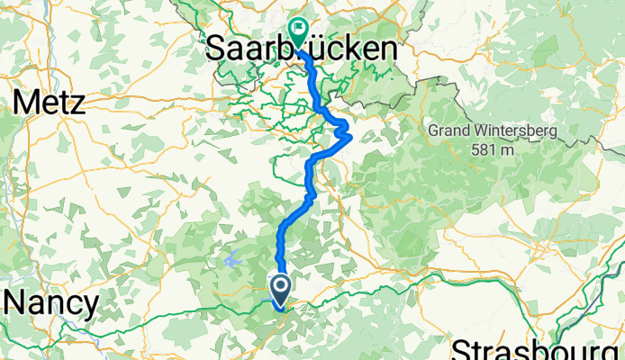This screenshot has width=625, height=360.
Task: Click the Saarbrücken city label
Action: point(301,49)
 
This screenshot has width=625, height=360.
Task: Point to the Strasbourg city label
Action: point(538,349)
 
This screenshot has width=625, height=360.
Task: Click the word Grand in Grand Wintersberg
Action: point(449,131)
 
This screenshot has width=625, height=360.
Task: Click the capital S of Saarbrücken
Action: point(217,49)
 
